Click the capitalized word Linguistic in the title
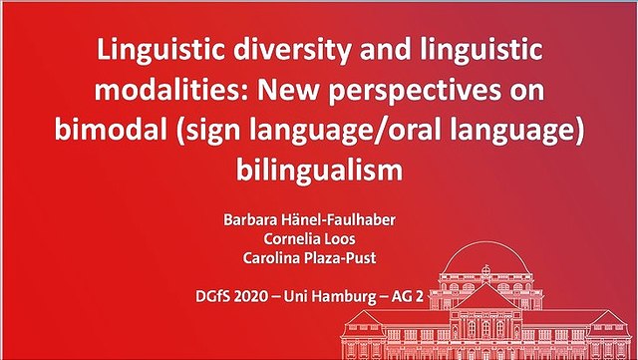coord(160,49)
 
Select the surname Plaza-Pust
coord(337,257)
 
